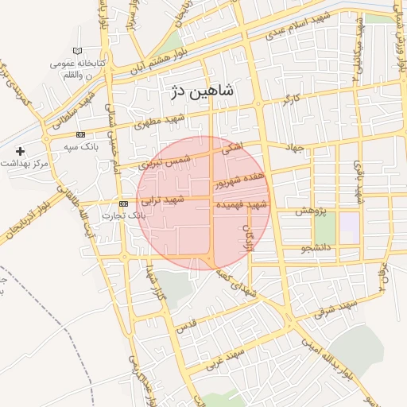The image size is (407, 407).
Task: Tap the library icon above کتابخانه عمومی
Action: tap(77, 51)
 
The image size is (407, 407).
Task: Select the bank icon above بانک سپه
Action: tap(81, 134)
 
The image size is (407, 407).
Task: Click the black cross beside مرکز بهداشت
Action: tap(20, 150)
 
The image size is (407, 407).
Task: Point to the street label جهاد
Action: tap(297, 148)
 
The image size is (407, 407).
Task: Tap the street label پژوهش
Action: tap(312, 211)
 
